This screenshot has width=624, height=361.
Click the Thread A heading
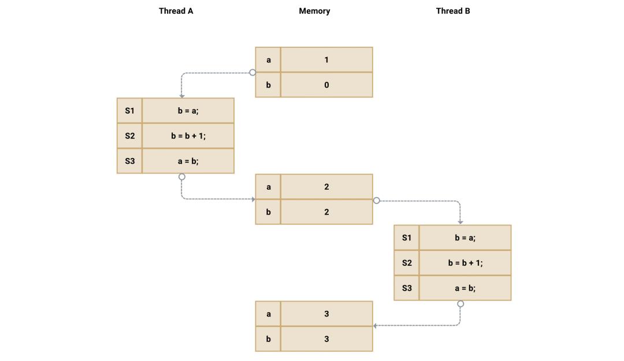176,11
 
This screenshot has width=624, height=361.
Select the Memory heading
314,11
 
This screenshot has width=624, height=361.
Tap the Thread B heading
453,11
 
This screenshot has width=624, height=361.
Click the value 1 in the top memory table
326,60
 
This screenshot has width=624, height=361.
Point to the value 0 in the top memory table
326,85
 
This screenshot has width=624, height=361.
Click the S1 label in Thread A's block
129,111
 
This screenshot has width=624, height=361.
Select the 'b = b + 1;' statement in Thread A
188,136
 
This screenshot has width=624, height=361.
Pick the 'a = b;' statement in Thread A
188,161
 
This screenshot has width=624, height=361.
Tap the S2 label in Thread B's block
407,263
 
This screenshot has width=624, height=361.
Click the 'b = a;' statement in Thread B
465,238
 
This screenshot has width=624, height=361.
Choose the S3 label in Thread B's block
407,288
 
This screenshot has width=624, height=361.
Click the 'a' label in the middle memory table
268,187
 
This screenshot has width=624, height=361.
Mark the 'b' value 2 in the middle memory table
326,212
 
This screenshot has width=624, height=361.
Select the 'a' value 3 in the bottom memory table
326,314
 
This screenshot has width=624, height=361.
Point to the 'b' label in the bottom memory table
268,339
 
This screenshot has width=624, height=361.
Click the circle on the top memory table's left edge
252,73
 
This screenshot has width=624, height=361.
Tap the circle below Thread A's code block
182,177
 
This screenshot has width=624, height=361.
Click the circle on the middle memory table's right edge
377,201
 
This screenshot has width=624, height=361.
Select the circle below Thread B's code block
460,304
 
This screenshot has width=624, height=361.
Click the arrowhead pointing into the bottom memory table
376,326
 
